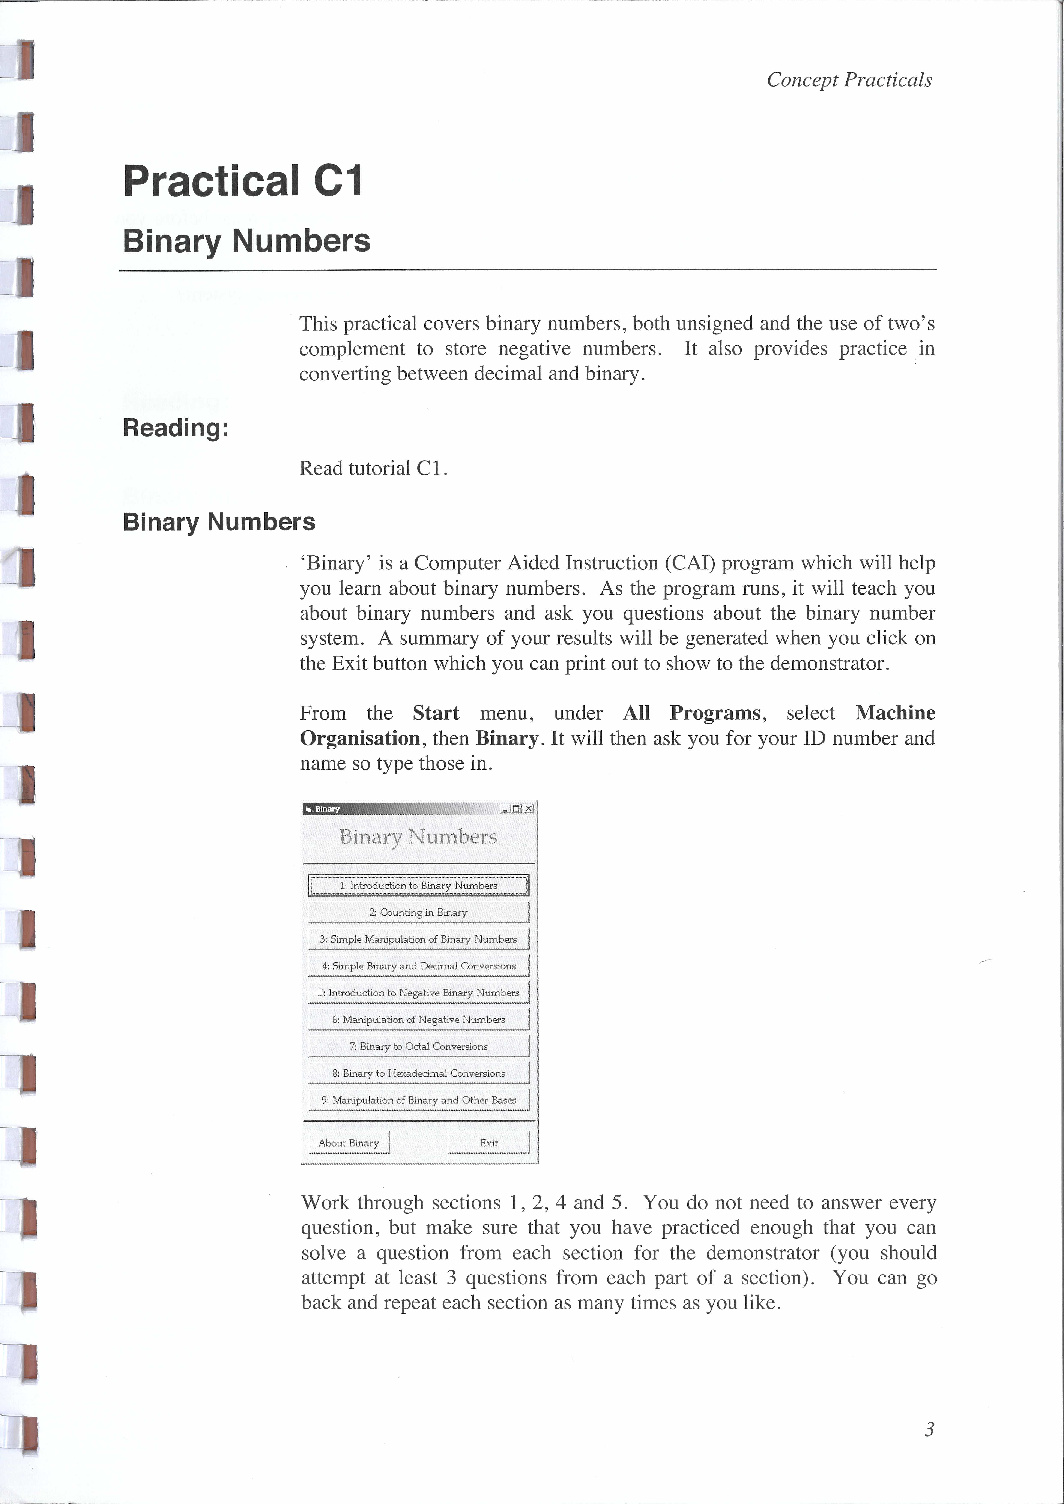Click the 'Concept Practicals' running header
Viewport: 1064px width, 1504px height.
click(849, 80)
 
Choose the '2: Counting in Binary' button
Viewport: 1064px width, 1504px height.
click(418, 912)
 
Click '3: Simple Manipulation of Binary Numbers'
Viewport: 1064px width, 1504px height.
click(418, 939)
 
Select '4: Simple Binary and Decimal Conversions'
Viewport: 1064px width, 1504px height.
click(418, 966)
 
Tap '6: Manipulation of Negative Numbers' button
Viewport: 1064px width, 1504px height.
click(418, 1019)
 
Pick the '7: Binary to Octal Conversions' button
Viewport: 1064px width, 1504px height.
click(418, 1046)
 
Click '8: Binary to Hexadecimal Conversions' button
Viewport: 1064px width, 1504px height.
click(418, 1073)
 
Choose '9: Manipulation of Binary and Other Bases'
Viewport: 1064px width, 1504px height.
click(418, 1100)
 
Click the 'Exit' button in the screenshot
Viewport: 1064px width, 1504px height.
click(489, 1142)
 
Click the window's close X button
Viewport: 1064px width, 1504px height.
click(529, 808)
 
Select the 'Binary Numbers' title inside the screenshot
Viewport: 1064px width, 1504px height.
click(418, 836)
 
